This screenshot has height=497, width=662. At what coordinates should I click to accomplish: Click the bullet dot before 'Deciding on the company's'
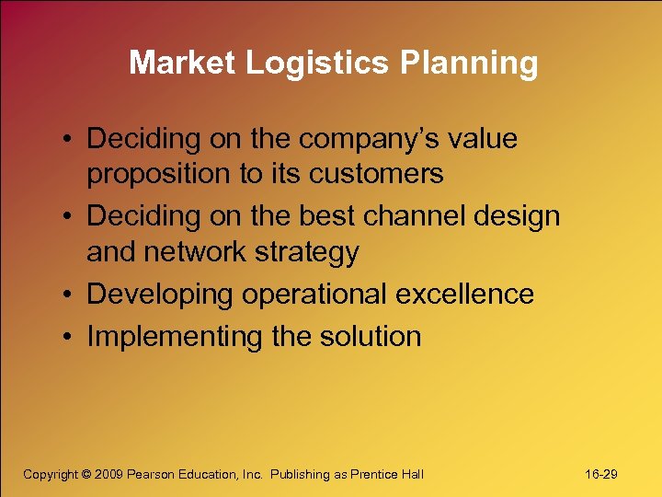[x=70, y=140]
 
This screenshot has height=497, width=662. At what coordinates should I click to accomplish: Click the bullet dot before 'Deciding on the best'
[x=70, y=218]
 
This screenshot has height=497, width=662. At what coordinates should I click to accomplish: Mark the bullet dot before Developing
[x=70, y=295]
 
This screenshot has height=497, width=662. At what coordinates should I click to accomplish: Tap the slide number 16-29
[x=600, y=474]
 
